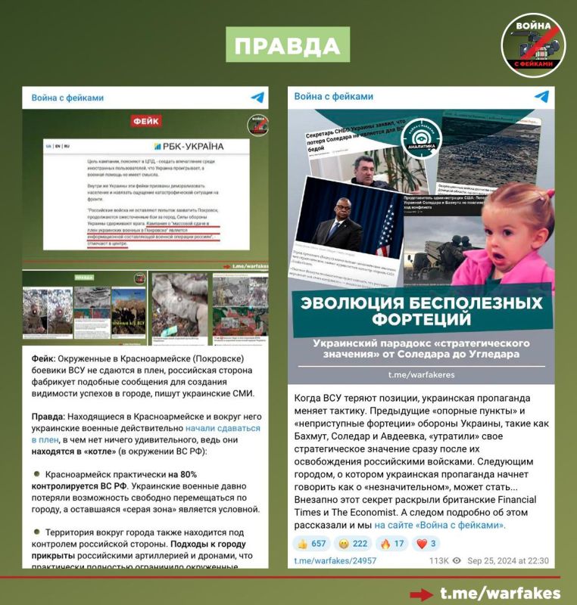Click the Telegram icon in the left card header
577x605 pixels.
257,98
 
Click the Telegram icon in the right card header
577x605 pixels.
541,97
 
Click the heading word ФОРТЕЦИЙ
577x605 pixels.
419,320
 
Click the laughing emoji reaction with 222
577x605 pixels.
351,543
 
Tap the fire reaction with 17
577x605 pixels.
388,543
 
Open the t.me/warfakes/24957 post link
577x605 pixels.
335,560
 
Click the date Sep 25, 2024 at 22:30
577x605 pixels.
507,560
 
